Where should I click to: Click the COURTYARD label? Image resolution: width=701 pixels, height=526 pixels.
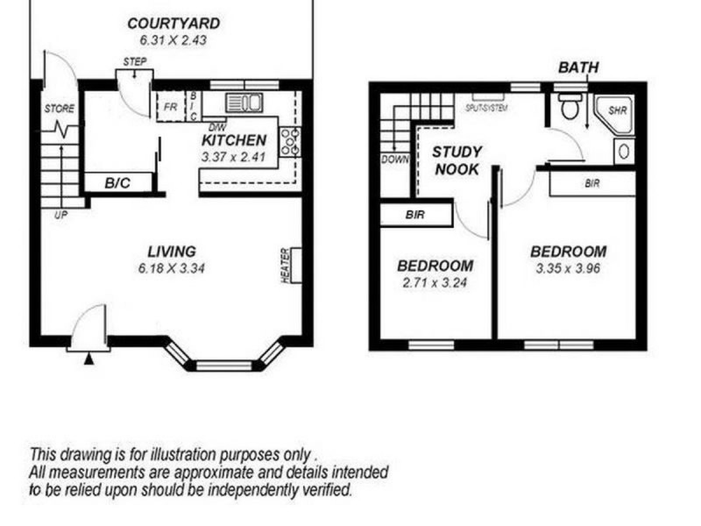tap(173, 23)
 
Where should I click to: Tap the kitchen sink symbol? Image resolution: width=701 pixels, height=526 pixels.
tap(244, 102)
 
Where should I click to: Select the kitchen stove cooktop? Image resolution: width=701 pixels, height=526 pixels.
tap(289, 139)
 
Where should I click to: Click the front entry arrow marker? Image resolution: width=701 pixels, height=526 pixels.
tap(88, 358)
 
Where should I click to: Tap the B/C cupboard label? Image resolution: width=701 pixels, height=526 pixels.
tap(118, 183)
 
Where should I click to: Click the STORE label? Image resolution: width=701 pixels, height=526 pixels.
tap(60, 110)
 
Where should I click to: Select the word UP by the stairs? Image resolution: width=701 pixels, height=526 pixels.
tap(60, 215)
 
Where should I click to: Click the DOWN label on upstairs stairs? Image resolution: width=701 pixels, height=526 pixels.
tap(394, 160)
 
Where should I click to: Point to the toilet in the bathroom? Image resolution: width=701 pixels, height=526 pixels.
tap(570, 108)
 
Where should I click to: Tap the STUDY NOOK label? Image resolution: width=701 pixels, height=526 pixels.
tap(457, 160)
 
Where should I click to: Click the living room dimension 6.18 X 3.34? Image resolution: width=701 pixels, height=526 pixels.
tap(171, 268)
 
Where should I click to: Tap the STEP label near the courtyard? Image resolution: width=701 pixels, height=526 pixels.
tap(135, 61)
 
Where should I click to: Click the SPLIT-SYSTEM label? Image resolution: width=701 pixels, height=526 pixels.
tap(487, 108)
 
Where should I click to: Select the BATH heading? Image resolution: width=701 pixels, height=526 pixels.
tap(579, 68)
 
